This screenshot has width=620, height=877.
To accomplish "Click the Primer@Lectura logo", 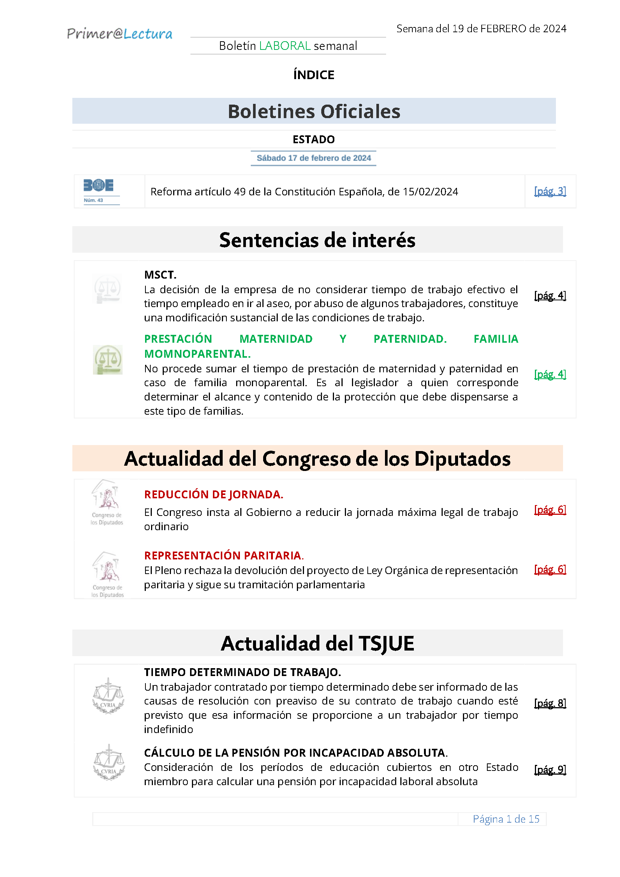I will (x=120, y=34).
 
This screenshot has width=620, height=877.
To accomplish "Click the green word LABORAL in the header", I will (x=285, y=46).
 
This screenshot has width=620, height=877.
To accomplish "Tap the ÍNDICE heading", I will (x=313, y=75).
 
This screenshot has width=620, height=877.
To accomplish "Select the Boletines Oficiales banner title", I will (x=314, y=111).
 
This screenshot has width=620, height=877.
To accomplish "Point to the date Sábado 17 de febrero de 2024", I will (x=313, y=158).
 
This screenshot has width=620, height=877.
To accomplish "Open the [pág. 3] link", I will (x=550, y=191).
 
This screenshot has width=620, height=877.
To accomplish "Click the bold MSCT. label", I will (x=160, y=274).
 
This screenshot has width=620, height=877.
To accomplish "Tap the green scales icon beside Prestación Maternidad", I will (x=108, y=360).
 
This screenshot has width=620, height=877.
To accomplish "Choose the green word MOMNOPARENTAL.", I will (x=197, y=354).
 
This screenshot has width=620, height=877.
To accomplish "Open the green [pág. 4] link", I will (x=550, y=374).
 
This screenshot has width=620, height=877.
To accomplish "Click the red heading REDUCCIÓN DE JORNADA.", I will (x=213, y=495).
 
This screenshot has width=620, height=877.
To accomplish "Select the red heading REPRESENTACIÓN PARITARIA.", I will (x=224, y=555).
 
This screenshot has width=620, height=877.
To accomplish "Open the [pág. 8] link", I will (x=550, y=703).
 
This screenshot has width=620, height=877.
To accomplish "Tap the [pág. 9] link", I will (x=550, y=770).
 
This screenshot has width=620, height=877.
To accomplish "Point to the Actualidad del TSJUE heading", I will (x=317, y=644).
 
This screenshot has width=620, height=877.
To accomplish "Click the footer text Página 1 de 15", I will (x=505, y=819).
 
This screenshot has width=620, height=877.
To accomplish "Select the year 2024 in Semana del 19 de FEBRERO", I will (x=554, y=28).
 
